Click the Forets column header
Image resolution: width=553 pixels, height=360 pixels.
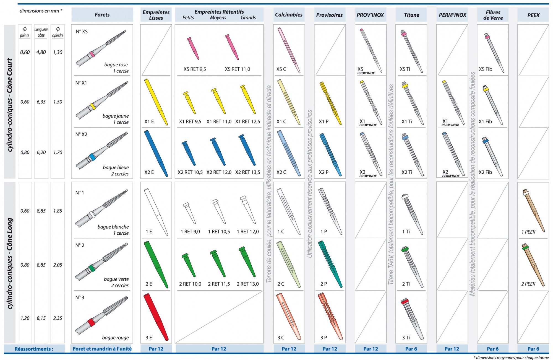point(102,15)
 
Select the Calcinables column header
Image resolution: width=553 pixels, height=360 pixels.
point(289,15)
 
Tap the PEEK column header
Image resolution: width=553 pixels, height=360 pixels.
point(533,15)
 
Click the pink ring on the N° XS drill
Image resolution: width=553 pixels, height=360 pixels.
point(92,54)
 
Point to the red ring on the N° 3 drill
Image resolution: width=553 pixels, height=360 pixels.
point(91,323)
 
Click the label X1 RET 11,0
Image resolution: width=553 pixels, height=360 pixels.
point(219,121)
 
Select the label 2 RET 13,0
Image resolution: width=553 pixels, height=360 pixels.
point(247,284)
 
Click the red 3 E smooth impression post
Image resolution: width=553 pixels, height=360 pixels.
point(156,317)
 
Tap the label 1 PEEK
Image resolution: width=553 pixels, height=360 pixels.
point(528,232)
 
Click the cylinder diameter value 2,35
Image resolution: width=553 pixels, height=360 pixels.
point(58,318)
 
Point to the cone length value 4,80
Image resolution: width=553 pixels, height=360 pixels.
point(41,52)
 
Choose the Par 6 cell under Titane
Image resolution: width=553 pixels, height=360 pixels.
point(411,349)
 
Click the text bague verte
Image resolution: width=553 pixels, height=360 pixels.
point(116,279)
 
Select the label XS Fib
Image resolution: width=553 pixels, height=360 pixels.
point(485,69)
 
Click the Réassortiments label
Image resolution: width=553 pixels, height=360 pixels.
point(34,349)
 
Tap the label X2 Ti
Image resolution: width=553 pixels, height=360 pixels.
point(407,172)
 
